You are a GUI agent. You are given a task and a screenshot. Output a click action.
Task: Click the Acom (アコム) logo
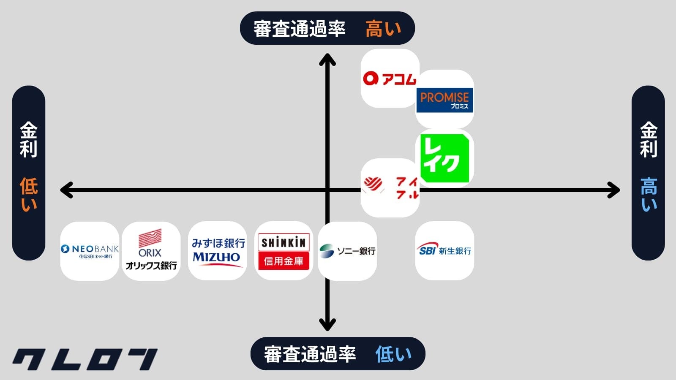click(x=390, y=79)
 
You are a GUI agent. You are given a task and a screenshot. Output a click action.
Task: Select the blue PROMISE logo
click(x=444, y=100)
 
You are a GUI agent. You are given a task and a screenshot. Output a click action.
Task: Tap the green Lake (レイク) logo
click(x=445, y=158)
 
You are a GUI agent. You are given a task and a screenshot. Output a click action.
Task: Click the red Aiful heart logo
click(x=390, y=187)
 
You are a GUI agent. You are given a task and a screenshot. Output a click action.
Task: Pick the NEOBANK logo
click(x=90, y=251)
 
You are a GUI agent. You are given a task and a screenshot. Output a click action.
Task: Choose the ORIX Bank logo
click(x=151, y=251)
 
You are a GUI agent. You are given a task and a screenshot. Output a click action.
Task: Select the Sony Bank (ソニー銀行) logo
click(x=347, y=251)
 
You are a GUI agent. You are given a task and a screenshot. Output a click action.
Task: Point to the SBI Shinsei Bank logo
click(x=444, y=250)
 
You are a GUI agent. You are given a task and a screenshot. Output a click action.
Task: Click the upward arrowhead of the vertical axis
click(x=327, y=60)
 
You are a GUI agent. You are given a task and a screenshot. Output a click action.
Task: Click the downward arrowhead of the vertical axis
click(x=327, y=325)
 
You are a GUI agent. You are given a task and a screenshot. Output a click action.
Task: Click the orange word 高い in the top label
click(x=383, y=29)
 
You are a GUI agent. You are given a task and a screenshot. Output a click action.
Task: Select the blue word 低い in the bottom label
click(x=393, y=354)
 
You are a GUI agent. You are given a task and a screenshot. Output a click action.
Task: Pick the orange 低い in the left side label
click(x=29, y=194)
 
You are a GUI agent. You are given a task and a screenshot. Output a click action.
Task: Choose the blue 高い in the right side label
click(x=649, y=194)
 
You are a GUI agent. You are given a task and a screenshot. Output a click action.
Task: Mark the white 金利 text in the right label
click(x=649, y=139)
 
